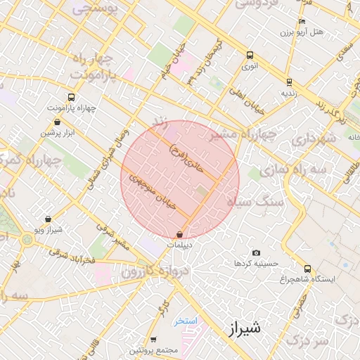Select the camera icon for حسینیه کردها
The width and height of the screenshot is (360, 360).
point(255,253)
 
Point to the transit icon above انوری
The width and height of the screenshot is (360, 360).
point(250,56)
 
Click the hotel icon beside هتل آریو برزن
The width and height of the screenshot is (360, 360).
point(302,22)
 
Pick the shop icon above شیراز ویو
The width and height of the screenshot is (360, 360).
point(48,219)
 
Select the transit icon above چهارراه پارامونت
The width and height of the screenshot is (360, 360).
point(70,98)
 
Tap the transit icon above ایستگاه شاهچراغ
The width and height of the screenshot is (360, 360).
point(307,269)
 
